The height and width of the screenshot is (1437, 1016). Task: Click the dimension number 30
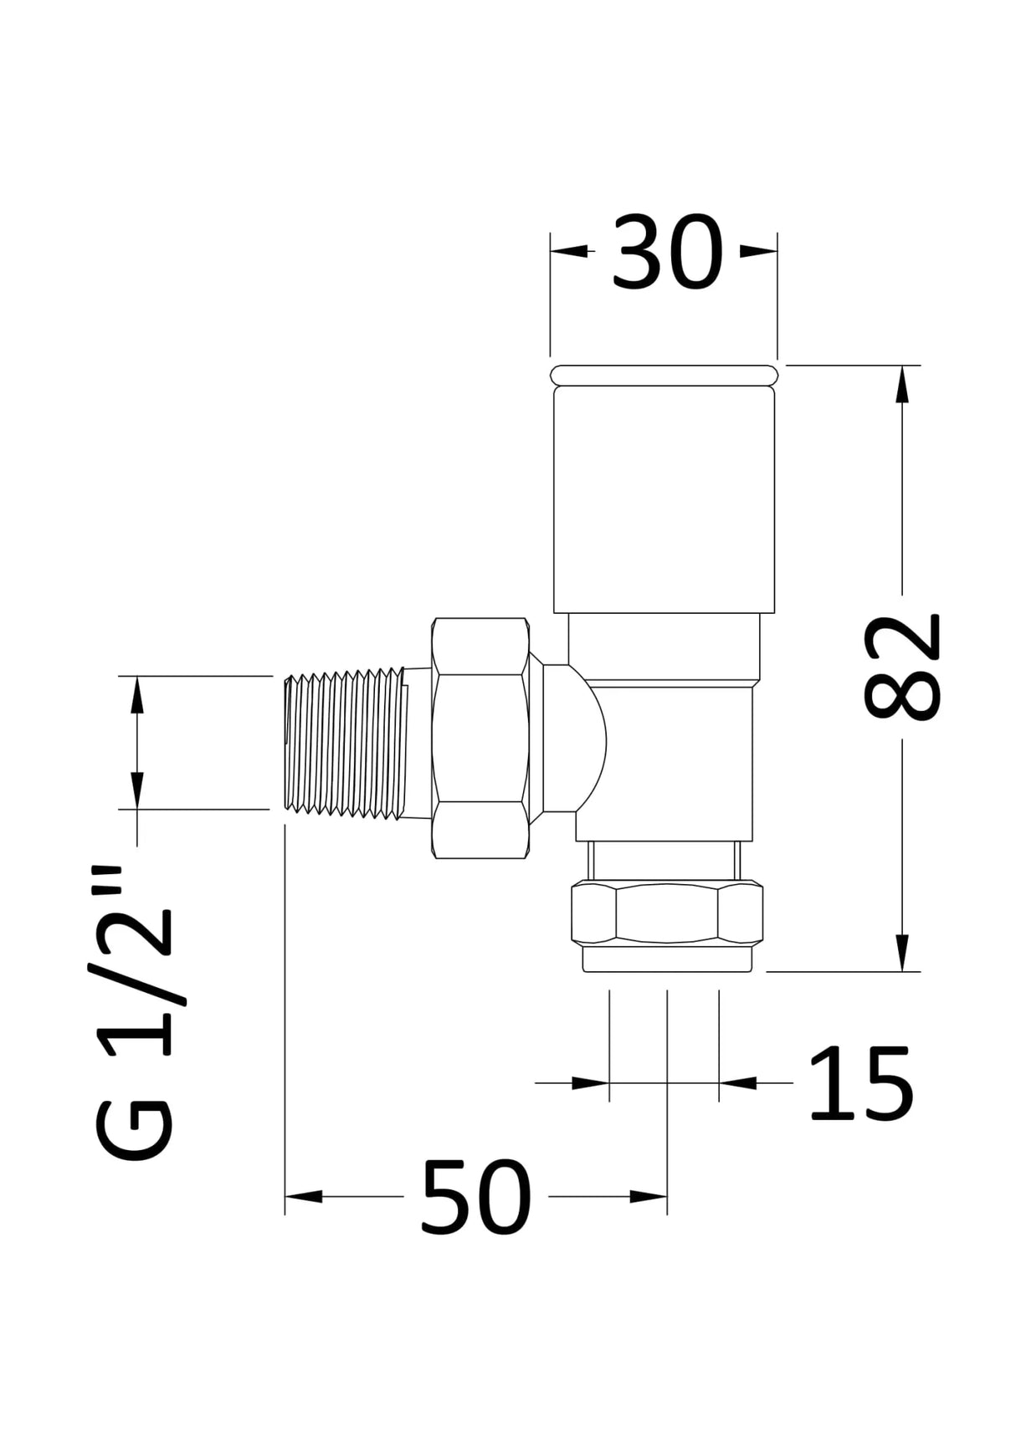[666, 252]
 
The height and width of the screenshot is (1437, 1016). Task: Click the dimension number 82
[902, 667]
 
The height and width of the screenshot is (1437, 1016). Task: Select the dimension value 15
[859, 1083]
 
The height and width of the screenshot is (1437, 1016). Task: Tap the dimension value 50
[475, 1197]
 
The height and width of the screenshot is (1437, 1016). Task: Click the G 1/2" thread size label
[134, 1012]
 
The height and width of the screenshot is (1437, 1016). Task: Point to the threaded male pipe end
[345, 741]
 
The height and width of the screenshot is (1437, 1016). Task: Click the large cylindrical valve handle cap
[664, 499]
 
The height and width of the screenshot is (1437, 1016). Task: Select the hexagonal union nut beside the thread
[480, 738]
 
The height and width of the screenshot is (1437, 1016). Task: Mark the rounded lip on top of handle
[664, 375]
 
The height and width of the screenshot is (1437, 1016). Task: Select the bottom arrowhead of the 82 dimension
[902, 954]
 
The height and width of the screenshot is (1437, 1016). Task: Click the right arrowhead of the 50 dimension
[649, 1197]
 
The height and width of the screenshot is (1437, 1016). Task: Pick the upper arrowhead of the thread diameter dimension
[136, 694]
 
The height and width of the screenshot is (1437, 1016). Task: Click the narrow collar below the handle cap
[664, 646]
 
